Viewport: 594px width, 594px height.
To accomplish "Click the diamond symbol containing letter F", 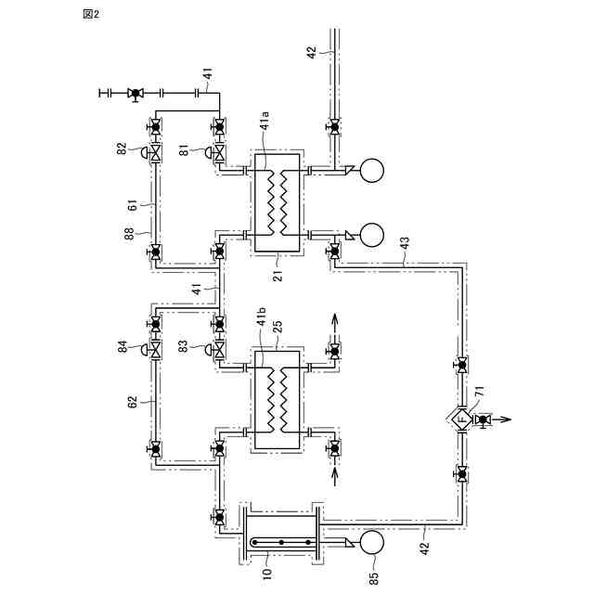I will (x=460, y=420).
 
